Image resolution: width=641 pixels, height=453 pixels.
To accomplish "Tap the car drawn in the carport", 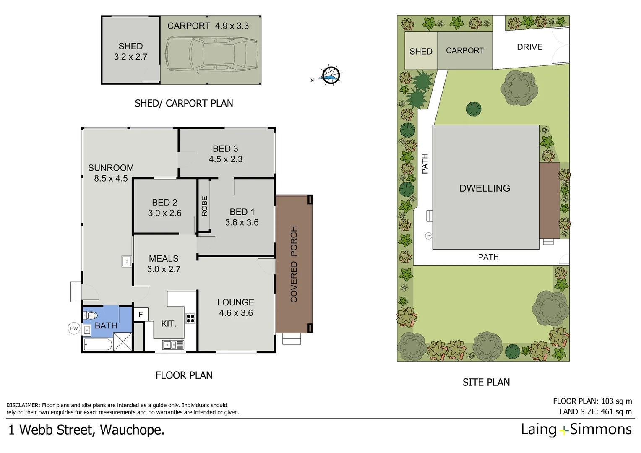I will click(x=211, y=54).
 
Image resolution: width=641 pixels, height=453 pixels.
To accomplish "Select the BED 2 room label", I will click(x=164, y=208).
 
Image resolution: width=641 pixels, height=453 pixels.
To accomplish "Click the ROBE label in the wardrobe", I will click(x=204, y=206).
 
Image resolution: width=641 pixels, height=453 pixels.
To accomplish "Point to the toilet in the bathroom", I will click(x=91, y=315).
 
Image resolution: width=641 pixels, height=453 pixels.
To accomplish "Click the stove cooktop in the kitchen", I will click(x=190, y=318).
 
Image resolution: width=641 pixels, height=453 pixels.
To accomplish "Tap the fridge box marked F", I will click(x=141, y=315).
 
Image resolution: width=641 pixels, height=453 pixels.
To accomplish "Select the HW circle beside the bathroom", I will click(x=74, y=328).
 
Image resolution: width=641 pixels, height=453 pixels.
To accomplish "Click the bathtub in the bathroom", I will click(x=98, y=345).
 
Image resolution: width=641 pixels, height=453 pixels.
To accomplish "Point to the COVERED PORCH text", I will click(x=294, y=264).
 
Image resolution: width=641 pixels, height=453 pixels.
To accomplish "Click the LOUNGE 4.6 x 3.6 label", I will click(x=236, y=307).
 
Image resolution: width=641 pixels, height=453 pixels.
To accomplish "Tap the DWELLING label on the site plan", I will click(x=485, y=188).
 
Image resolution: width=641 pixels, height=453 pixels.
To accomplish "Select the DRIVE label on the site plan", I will click(x=529, y=47).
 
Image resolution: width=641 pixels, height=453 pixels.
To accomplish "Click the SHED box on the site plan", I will click(x=421, y=51).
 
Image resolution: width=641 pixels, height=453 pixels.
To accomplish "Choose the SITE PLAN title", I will click(x=486, y=382).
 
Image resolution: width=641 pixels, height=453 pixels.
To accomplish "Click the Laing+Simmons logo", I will click(x=576, y=430).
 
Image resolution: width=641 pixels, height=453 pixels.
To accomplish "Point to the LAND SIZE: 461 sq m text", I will click(x=595, y=411).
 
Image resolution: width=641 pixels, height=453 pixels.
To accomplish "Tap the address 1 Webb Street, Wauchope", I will click(x=86, y=430).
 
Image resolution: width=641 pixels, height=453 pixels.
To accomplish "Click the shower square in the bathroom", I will click(x=123, y=341).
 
